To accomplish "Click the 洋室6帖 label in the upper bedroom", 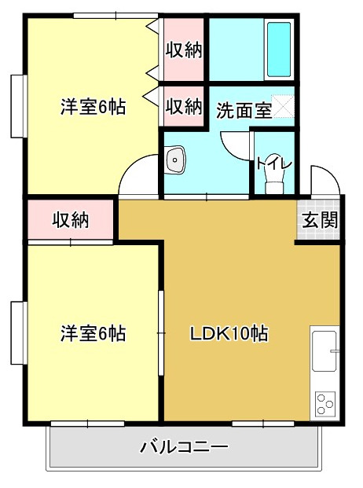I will click(x=93, y=108).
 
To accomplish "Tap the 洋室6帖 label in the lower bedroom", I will click(x=93, y=333).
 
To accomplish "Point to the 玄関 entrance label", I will click(x=320, y=221).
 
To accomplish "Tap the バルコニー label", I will click(x=185, y=448).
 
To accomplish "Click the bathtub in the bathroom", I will click(x=279, y=49).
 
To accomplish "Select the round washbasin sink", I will click(x=175, y=160).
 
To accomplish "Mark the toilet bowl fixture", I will click(x=273, y=182).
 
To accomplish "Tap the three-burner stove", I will click(x=324, y=403).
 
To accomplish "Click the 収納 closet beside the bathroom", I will click(x=185, y=50).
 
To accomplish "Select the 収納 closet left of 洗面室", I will click(x=185, y=106).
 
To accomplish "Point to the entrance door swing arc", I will click(x=322, y=179).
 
